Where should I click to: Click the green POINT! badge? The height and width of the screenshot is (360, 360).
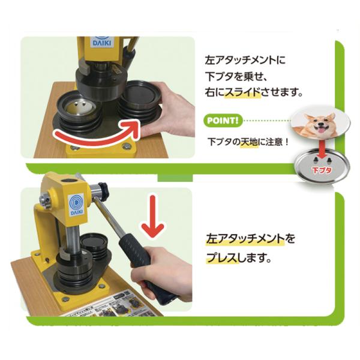[223, 121]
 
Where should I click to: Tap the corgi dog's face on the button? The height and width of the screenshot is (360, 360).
[319, 125]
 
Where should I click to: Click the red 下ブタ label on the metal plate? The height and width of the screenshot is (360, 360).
[322, 170]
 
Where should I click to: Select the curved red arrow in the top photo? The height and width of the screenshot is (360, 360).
[97, 136]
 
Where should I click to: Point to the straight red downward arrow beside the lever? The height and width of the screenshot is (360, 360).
[153, 216]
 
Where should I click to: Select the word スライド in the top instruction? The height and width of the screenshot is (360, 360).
[242, 92]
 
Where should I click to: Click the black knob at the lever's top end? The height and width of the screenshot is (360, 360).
[103, 190]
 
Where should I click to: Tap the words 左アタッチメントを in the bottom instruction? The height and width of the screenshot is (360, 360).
[250, 239]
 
